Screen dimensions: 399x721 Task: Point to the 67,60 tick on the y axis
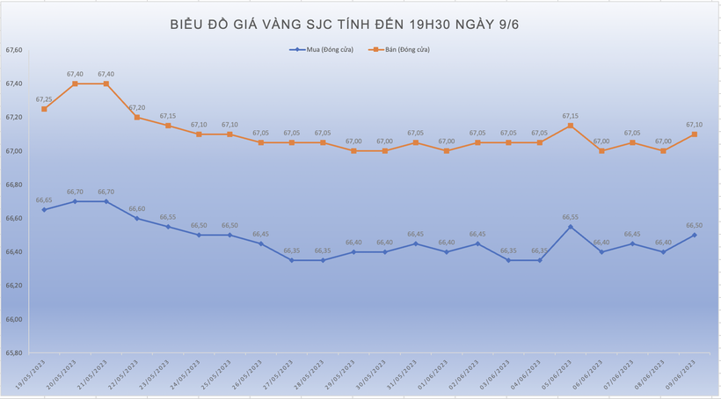(x=14, y=50)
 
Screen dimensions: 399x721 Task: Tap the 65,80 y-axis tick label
(x=14, y=353)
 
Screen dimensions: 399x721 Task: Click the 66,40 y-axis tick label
(x=14, y=252)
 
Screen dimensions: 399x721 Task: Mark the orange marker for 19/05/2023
(x=44, y=109)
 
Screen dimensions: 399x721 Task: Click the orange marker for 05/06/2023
(x=571, y=126)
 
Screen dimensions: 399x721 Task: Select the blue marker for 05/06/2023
(x=571, y=227)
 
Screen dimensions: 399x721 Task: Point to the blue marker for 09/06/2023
(x=695, y=235)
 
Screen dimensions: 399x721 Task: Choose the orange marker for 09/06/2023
(x=695, y=134)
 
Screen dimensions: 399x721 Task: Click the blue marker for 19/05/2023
(x=44, y=209)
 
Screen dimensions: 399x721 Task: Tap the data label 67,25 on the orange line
(x=44, y=99)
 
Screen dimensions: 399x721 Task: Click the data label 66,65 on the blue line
(x=44, y=200)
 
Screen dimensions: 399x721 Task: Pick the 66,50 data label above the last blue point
(x=695, y=226)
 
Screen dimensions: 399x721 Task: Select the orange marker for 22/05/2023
(x=137, y=117)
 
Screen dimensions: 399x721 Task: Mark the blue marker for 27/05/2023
(x=292, y=260)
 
